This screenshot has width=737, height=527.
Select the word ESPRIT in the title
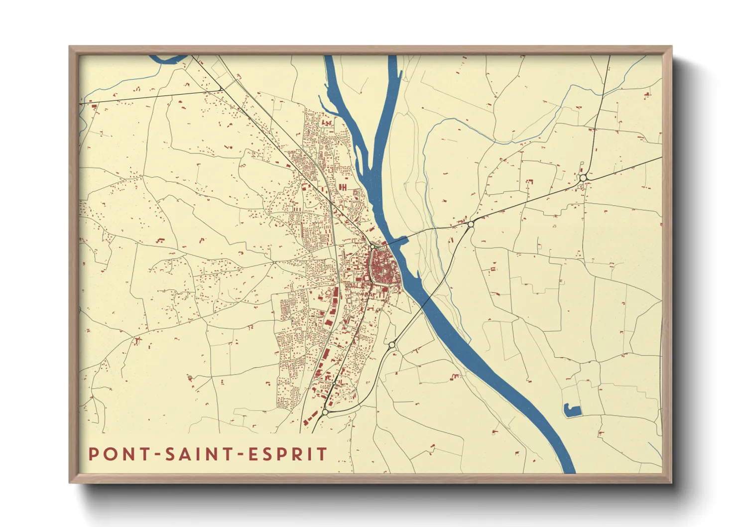287,454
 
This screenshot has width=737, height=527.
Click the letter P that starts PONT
93,454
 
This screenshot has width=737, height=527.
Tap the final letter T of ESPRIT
323,454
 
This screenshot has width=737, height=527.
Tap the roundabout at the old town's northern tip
372,246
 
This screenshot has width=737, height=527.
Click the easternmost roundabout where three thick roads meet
583,178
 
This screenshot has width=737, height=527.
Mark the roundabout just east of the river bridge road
471,224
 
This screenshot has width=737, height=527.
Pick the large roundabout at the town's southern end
325,412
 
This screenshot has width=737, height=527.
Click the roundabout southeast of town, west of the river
392,344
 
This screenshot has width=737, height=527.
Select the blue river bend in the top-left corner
167,60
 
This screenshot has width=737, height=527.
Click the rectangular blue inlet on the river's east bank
402,240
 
